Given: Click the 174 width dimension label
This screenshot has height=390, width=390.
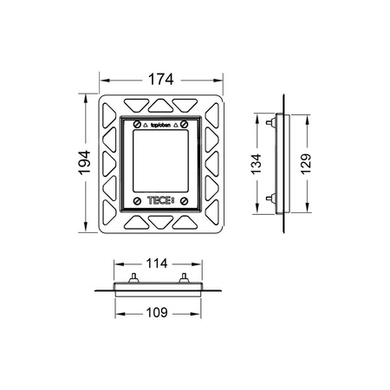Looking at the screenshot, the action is [161, 80].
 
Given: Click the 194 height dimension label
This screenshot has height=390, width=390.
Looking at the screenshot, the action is [85, 163].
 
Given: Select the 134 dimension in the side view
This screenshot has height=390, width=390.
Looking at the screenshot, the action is [257, 164].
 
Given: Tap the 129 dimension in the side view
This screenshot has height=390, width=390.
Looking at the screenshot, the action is [306, 164].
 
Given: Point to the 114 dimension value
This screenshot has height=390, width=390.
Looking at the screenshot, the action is [157, 263].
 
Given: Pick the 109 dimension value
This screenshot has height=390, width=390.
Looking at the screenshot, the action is [157, 313].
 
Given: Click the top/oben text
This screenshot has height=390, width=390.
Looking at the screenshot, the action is [160, 125].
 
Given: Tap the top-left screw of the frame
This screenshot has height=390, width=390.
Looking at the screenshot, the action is [137, 125].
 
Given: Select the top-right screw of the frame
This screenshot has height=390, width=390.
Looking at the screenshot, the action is [185, 125].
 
